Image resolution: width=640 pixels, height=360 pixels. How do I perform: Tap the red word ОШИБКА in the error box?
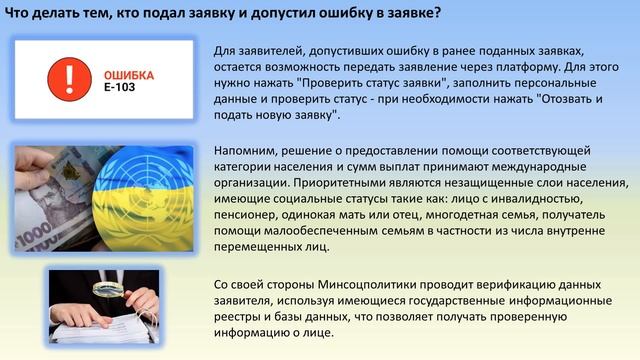tap(128, 74)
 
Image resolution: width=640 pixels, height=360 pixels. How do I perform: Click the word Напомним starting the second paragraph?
tap(245, 149)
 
